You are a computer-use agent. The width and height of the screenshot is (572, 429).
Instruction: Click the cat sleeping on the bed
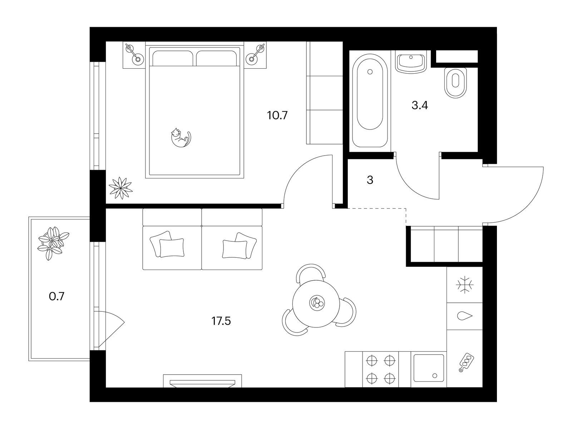pos(181,138)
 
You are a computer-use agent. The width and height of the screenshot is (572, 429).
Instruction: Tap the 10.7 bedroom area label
pos(277,115)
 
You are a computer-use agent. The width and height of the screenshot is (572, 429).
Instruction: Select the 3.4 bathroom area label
pos(420,105)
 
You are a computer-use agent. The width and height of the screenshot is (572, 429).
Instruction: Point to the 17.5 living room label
pos(221,321)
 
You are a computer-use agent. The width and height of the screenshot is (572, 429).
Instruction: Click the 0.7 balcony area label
pos(56,296)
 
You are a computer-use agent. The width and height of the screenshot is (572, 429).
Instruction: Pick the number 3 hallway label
pos(370,180)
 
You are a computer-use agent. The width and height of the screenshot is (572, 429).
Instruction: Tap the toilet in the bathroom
pos(455,83)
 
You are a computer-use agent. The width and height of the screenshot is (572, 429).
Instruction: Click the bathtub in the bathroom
pos(370,101)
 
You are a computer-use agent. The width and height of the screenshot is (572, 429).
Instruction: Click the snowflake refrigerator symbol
pos(465,285)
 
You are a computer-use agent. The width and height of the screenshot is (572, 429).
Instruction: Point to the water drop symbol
pos(465,316)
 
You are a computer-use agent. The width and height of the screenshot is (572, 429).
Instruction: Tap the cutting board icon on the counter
pos(466,362)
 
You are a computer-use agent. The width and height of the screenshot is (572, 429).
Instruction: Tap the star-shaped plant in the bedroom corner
pos(120,188)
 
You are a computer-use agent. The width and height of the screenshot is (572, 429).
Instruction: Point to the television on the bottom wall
pos(202,381)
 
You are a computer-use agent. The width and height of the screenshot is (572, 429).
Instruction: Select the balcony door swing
pos(109,329)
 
